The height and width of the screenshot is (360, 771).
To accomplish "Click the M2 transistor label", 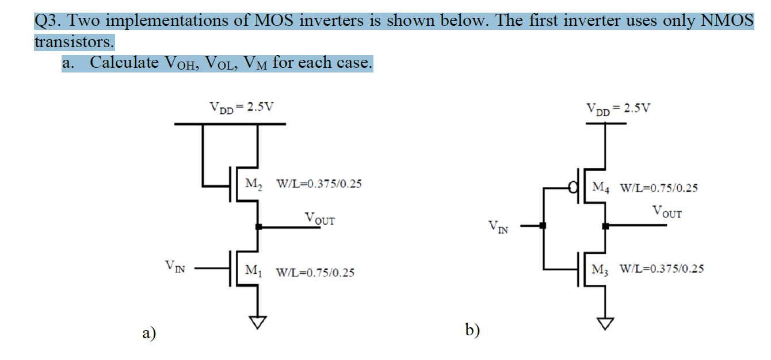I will point(254,185).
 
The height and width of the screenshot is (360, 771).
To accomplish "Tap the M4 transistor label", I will point(601,187).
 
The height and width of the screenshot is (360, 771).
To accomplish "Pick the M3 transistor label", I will point(601,269).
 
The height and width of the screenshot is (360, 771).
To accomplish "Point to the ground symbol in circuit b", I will point(605,324).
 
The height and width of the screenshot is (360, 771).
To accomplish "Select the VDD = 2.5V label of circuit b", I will point(618,108).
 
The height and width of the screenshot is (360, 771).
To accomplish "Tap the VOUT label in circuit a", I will point(319,219).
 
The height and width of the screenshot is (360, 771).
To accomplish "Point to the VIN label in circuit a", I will point(175,266).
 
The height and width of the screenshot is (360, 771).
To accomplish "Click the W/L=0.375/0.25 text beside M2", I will point(319,185).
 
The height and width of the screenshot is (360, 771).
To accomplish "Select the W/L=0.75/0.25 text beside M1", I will point(315,273).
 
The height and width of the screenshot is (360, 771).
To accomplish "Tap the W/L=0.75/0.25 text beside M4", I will point(659,188).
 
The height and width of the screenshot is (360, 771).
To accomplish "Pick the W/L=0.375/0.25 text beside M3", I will point(661,269).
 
